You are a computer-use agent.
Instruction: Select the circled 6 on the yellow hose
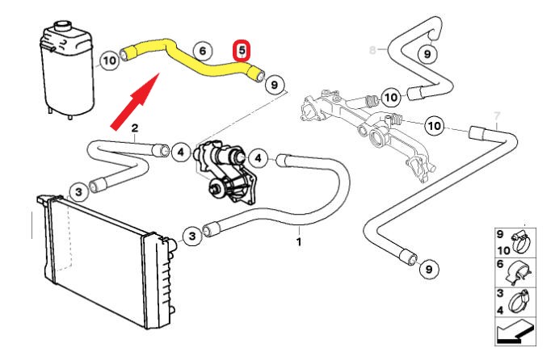(203, 52)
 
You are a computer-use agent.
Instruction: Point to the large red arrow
(137, 100)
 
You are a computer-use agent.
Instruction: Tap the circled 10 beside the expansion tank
(109, 59)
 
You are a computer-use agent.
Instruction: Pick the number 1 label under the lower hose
(299, 241)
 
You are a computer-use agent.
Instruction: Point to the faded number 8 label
(372, 50)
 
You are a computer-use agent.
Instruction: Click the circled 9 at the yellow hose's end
(275, 84)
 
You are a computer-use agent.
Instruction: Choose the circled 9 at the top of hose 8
(428, 54)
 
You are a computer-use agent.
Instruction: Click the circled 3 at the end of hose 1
(191, 236)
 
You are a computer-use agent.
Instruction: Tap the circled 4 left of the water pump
(181, 151)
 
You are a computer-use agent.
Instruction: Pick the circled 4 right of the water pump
(258, 157)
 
